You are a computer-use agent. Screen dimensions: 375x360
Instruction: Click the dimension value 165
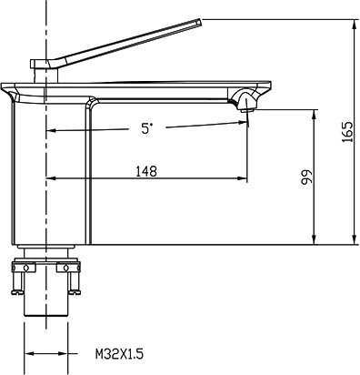pos(347,131)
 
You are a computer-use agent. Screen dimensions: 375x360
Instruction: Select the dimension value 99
pos(306,177)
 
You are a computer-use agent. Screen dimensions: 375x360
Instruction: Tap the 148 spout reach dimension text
pos(145,169)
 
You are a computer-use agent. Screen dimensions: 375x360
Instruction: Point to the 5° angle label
pos(147,129)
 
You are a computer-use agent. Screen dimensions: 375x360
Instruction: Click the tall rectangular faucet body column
pos(55,173)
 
